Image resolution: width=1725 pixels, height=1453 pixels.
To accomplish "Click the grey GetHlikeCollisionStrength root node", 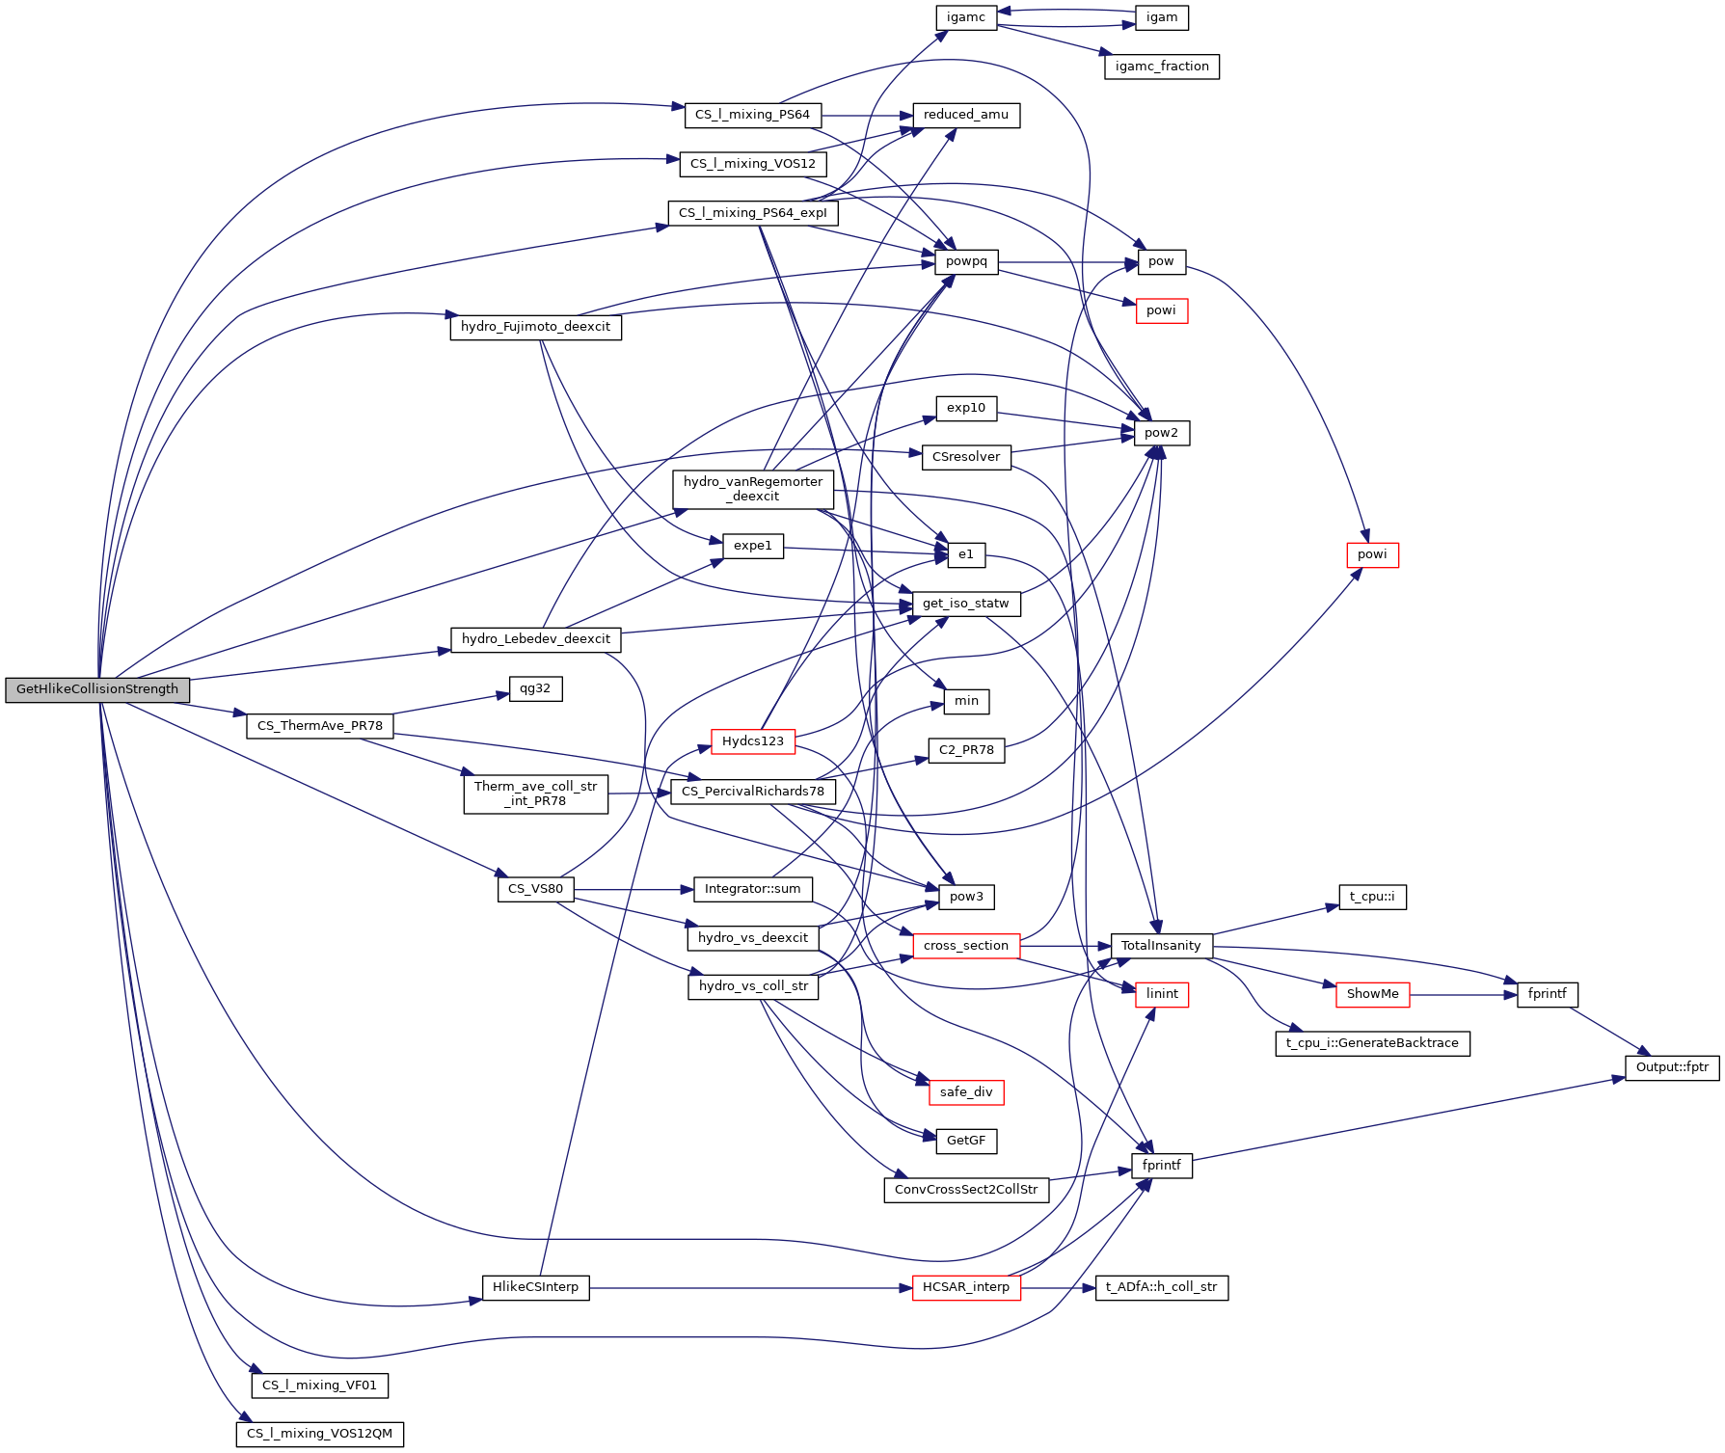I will pyautogui.click(x=97, y=689).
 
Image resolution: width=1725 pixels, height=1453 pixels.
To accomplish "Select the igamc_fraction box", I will pyautogui.click(x=1161, y=67).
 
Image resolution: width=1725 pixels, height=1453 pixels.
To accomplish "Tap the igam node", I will pyautogui.click(x=1161, y=17).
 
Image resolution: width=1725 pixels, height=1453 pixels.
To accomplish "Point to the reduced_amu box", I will pyautogui.click(x=965, y=115).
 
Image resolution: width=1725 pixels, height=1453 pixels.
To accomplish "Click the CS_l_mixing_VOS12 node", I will pyautogui.click(x=752, y=164).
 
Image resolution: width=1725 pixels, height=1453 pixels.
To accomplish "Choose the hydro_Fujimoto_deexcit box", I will pyautogui.click(x=535, y=327).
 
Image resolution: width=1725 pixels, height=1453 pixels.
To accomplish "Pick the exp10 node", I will pyautogui.click(x=965, y=408).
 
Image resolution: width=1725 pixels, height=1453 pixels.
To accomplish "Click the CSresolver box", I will pyautogui.click(x=965, y=457).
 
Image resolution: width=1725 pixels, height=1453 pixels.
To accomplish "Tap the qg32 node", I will pyautogui.click(x=535, y=688).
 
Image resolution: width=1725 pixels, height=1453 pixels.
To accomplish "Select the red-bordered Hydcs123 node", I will pyautogui.click(x=752, y=740).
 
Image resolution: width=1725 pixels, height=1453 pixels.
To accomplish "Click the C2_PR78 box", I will pyautogui.click(x=965, y=750).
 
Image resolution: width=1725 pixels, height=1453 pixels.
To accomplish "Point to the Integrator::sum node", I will pyautogui.click(x=752, y=889).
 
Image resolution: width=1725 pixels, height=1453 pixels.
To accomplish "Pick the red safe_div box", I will pyautogui.click(x=965, y=1092).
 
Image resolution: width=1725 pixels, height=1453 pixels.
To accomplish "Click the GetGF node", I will pyautogui.click(x=965, y=1141).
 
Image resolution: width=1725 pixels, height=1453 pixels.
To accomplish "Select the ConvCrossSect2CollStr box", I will pyautogui.click(x=965, y=1190).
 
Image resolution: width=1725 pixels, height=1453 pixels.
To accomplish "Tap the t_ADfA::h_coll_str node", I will pyautogui.click(x=1161, y=1287).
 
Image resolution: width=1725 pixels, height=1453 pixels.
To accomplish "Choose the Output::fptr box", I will pyautogui.click(x=1672, y=1067).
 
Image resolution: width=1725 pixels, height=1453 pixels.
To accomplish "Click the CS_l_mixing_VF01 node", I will pyautogui.click(x=319, y=1386).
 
